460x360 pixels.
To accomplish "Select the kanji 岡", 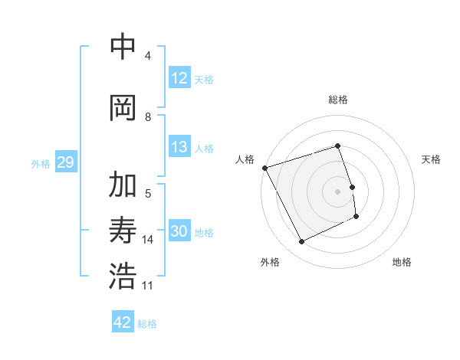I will (123, 107).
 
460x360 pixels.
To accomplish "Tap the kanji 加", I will (123, 186).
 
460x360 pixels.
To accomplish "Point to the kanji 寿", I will (123, 231).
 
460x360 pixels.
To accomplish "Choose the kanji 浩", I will (123, 276).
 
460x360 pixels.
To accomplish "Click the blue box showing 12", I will (179, 78).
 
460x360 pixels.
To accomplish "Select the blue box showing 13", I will (179, 147).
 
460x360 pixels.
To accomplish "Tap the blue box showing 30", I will (179, 232).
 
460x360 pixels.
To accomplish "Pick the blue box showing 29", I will (65, 162).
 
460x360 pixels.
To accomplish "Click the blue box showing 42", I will (123, 322).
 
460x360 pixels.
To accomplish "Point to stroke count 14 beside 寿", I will (148, 240).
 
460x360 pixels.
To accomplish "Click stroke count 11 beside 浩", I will (148, 286).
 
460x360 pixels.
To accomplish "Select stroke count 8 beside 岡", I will (148, 117).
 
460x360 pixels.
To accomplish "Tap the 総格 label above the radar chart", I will (338, 100).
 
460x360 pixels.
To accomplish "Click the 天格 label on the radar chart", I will (432, 159).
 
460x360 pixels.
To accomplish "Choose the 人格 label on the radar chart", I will (245, 159).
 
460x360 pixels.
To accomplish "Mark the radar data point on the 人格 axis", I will (264, 168).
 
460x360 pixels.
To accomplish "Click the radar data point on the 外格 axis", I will (301, 242).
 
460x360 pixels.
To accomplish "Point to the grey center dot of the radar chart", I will (338, 191).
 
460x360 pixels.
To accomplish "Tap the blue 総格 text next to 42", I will (147, 324).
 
